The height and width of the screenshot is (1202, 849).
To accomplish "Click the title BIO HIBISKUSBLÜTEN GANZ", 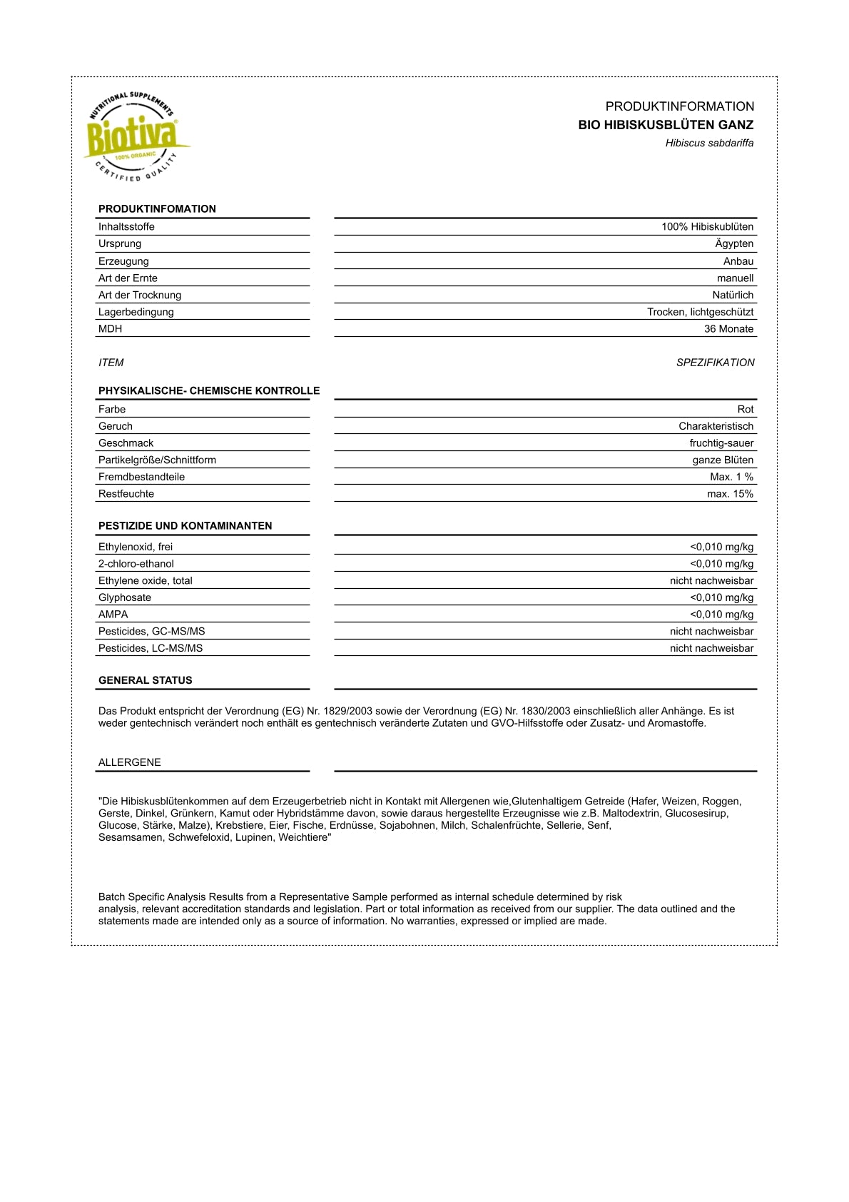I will coord(665,125).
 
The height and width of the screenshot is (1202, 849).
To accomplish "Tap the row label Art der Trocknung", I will coord(140,296).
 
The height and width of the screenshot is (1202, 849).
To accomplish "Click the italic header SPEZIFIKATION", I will coord(715,363).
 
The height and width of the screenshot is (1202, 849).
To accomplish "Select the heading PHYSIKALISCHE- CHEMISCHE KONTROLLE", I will coord(209,391).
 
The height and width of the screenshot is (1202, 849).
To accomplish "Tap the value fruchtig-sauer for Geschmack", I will coord(721,443).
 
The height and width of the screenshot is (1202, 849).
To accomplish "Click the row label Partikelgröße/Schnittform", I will coord(157,460).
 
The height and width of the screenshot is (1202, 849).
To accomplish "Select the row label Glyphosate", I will coord(125,598).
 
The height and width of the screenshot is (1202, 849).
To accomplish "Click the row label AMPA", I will coord(113,615).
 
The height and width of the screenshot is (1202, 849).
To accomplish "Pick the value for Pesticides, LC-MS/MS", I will coord(711,649).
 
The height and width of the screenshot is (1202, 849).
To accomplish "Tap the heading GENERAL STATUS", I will coord(145,681).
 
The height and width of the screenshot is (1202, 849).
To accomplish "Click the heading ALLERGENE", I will coord(129,763).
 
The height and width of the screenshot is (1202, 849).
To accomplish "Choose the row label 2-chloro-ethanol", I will coord(136,564).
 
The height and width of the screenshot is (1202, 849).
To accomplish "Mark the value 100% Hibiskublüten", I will coord(706,227).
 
